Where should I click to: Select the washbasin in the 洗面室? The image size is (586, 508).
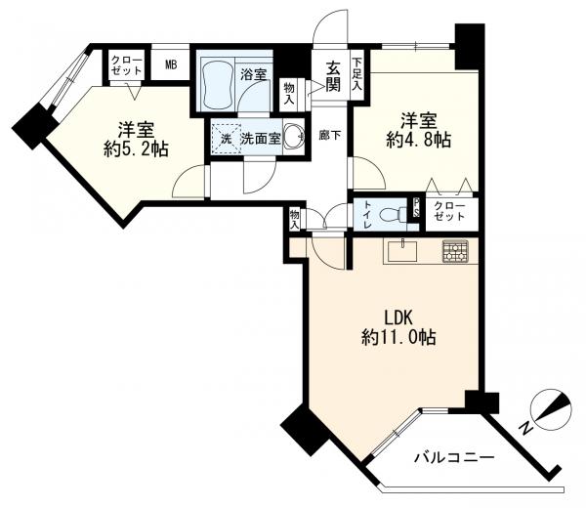[x=293, y=137]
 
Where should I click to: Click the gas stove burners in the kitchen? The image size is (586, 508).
[x=455, y=250]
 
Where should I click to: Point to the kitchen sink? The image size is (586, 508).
[x=402, y=251]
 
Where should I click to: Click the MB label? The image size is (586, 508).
[x=171, y=64]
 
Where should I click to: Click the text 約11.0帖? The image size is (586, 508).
[x=398, y=338]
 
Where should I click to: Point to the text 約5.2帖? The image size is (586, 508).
[x=137, y=149]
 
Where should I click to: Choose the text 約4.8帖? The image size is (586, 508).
[x=419, y=140]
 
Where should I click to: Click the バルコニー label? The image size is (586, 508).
[x=454, y=457]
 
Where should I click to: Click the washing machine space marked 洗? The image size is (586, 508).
[x=227, y=139]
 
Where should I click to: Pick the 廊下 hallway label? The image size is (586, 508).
[x=330, y=136]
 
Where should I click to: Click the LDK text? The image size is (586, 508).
[x=398, y=318]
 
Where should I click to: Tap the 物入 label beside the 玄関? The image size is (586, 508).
[x=289, y=94]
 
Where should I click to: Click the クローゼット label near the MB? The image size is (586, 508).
[x=127, y=65]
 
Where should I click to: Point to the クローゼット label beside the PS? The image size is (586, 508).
[x=449, y=211]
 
